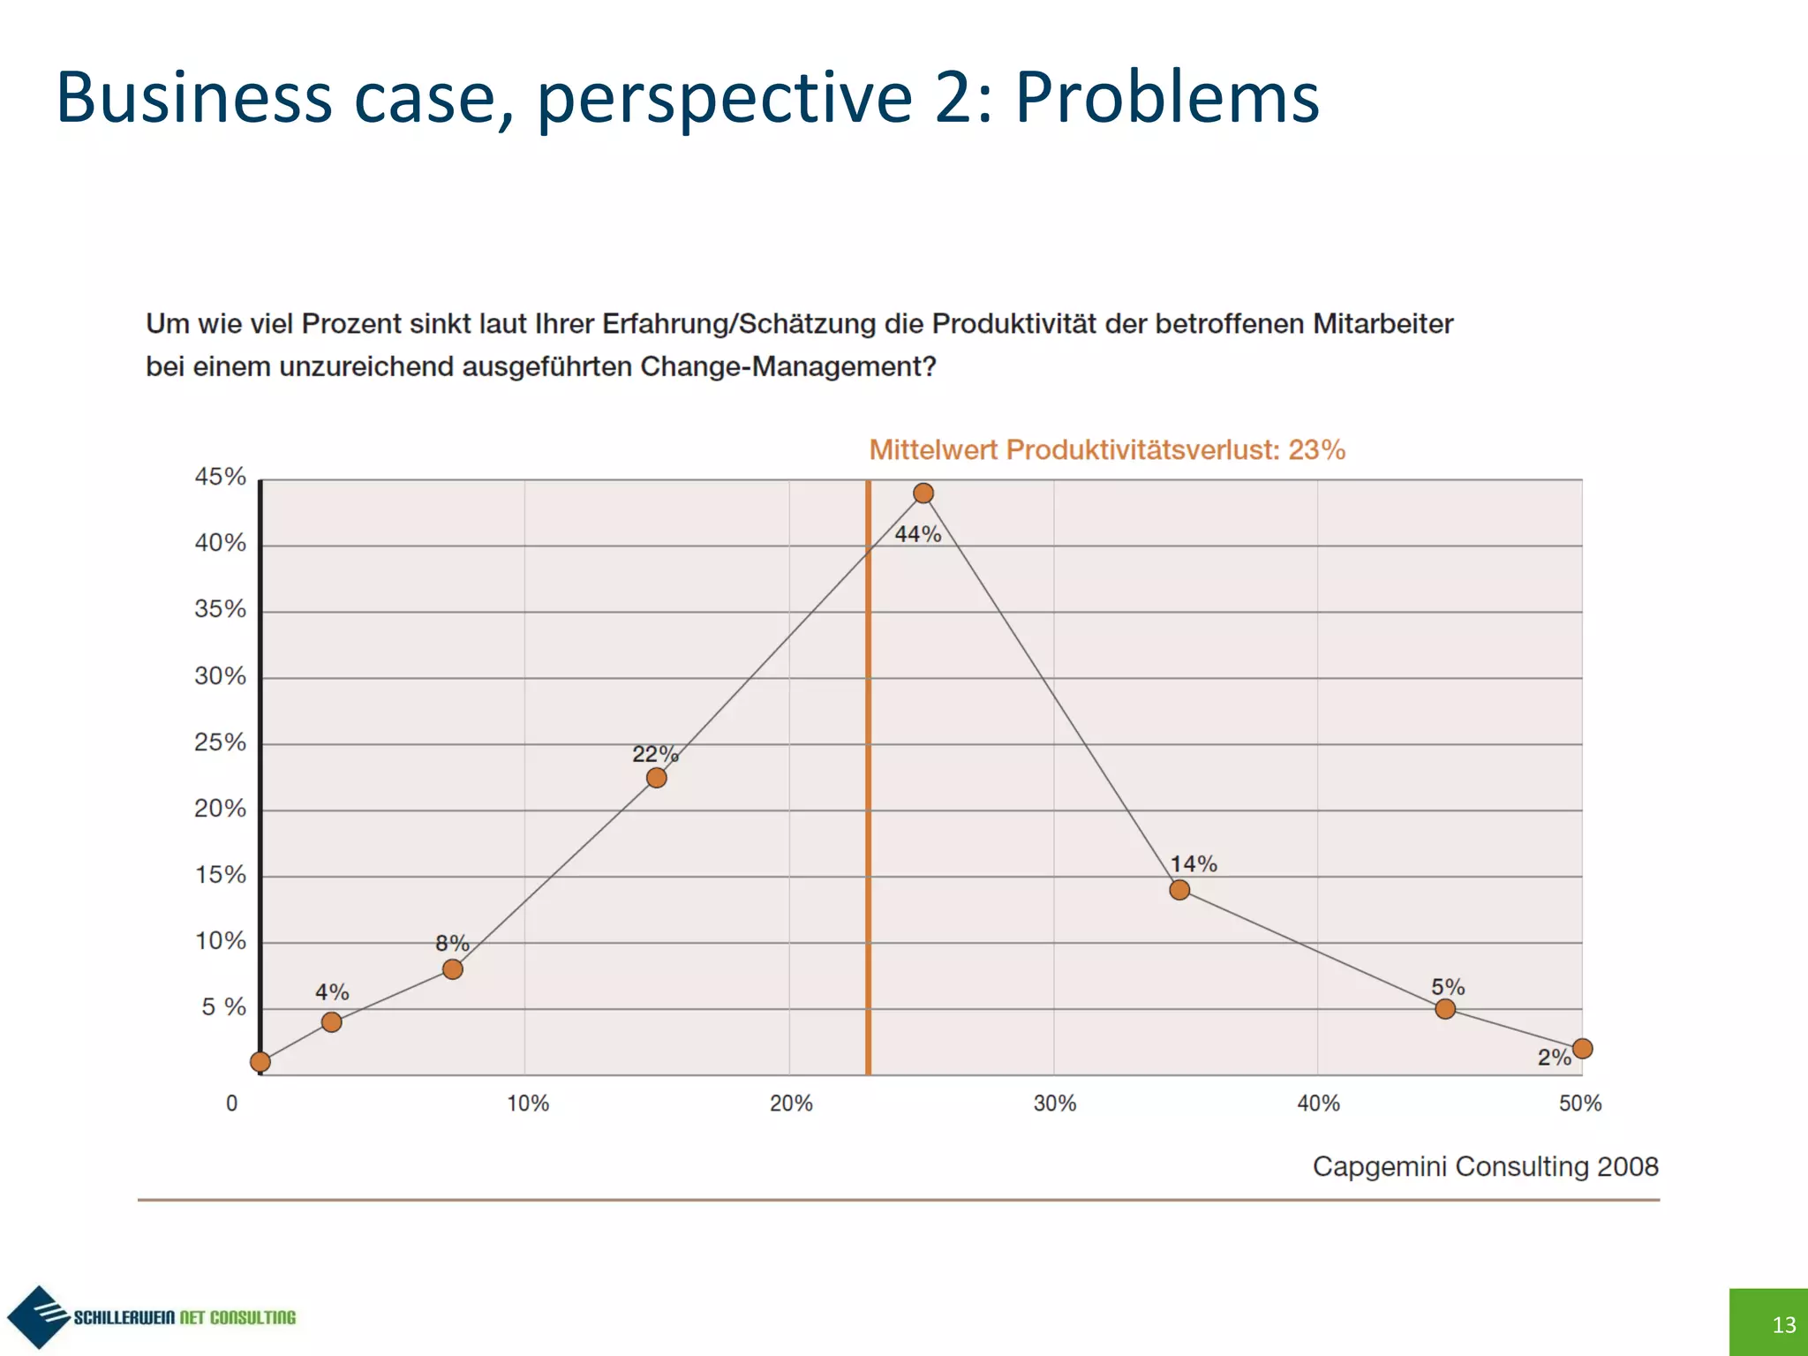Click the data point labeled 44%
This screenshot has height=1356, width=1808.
[x=923, y=493]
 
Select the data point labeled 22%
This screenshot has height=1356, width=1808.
[x=656, y=778]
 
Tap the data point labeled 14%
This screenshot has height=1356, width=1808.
[x=1179, y=890]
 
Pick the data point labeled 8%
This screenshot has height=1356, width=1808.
[x=452, y=969]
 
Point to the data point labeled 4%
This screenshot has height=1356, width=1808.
[x=331, y=1022]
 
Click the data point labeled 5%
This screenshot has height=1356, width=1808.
[x=1445, y=1009]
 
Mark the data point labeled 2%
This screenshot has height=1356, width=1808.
[x=1582, y=1049]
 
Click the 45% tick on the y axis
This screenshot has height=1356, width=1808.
[x=220, y=478]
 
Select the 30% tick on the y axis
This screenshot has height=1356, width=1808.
[x=220, y=676]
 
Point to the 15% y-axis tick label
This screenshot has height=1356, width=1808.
[x=220, y=875]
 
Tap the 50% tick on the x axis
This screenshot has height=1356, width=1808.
[x=1580, y=1104]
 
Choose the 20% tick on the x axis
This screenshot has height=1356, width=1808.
[x=791, y=1104]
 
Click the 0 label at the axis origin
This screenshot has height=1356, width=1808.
[x=232, y=1104]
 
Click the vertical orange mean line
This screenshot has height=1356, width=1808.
[x=869, y=795]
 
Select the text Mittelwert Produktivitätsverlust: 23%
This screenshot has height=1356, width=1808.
[x=1107, y=450]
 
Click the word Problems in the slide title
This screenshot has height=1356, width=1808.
[x=1167, y=96]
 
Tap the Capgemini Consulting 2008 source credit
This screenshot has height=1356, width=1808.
[x=1485, y=1166]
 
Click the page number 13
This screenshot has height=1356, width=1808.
[x=1783, y=1324]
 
